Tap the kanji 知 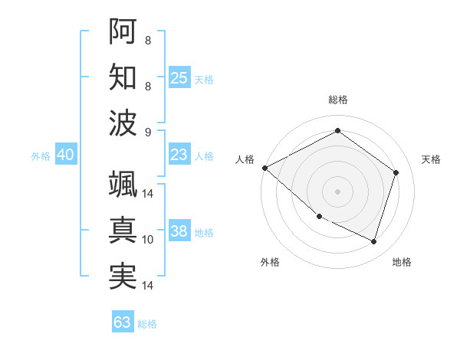click(x=123, y=77)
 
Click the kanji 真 click(x=123, y=231)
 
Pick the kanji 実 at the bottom click(x=123, y=277)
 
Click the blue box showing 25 click(x=179, y=78)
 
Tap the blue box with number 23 click(x=179, y=155)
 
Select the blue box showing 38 click(x=179, y=231)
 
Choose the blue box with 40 click(x=65, y=155)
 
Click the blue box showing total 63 click(x=122, y=322)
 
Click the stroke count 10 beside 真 click(x=148, y=240)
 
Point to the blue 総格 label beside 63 click(x=147, y=324)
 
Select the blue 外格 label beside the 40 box click(x=41, y=156)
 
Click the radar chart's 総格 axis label click(x=337, y=100)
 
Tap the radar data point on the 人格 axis click(x=264, y=167)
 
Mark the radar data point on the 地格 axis click(x=373, y=241)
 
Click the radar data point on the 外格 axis click(x=319, y=217)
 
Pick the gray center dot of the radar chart click(x=337, y=191)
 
